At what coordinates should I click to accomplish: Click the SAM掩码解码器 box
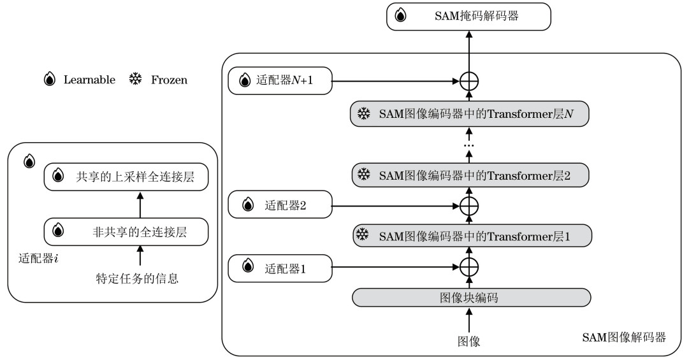468,17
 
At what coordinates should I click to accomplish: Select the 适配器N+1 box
280,80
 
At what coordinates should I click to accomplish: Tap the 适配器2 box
280,205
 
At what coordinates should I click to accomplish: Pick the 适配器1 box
280,268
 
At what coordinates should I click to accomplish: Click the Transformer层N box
469,114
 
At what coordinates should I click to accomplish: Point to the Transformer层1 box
472,236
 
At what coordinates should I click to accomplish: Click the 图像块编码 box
471,298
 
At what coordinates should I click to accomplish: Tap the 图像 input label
469,341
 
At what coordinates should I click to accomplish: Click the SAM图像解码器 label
624,337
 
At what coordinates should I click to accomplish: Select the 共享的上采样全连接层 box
126,177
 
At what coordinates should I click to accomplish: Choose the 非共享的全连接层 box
126,232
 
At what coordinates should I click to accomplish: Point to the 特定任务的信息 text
137,278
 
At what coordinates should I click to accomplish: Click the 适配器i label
38,258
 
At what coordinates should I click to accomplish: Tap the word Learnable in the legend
90,80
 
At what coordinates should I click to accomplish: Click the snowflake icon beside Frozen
135,80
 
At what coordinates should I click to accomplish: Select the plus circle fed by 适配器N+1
469,81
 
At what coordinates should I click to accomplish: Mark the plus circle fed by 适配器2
469,206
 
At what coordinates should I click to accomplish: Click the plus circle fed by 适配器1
469,267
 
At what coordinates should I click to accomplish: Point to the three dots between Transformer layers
469,145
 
